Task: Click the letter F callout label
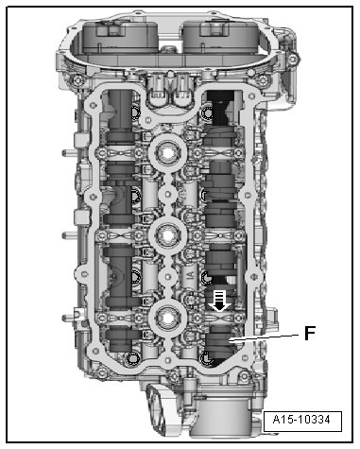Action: click(x=310, y=333)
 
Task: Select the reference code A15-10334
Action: click(x=301, y=420)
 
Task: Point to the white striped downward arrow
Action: click(x=220, y=301)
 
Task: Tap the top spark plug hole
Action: click(x=168, y=153)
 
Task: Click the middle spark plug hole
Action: click(x=168, y=234)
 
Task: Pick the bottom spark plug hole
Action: click(x=168, y=319)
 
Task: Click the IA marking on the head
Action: click(x=190, y=276)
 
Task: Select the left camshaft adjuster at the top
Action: click(x=120, y=35)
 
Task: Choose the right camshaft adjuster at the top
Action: click(x=220, y=35)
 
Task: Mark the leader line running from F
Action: click(x=264, y=337)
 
